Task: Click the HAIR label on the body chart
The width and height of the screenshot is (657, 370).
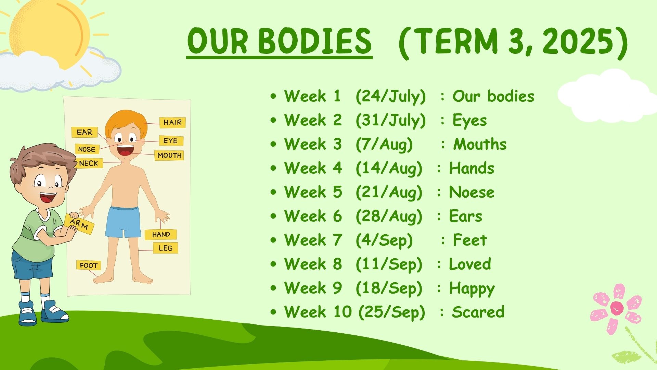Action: tap(172, 122)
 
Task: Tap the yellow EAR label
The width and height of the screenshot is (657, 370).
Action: tap(85, 132)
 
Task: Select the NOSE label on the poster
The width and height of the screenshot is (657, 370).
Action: tap(87, 149)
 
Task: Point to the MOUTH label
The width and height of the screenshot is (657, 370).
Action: tap(169, 155)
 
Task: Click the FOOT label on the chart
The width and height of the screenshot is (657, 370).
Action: tap(89, 265)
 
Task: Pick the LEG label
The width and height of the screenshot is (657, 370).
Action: tap(165, 248)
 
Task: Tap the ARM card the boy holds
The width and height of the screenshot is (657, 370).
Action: tap(79, 224)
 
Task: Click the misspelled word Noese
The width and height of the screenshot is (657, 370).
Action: tap(472, 192)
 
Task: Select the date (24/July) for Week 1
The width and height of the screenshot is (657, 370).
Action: tap(391, 96)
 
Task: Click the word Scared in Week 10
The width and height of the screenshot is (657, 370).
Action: tap(478, 312)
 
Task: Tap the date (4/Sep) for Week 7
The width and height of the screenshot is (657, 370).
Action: tap(384, 240)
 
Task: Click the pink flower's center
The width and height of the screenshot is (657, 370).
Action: tap(617, 308)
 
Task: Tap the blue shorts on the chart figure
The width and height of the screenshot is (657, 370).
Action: tap(123, 222)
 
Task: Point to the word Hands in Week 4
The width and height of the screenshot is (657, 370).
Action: tap(472, 168)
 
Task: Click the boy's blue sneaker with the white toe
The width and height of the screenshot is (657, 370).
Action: tap(27, 313)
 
